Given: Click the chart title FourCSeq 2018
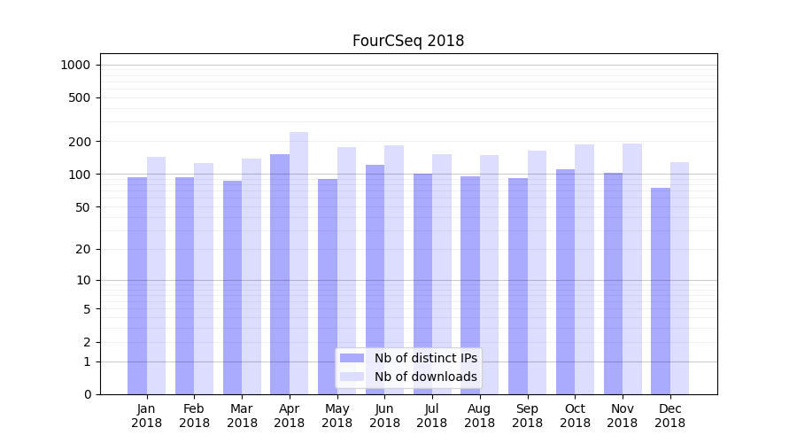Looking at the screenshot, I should pyautogui.click(x=407, y=41).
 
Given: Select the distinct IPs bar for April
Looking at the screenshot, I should pyautogui.click(x=280, y=275).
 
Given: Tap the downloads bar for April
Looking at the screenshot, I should pyautogui.click(x=298, y=263).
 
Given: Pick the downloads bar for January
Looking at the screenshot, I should pyautogui.click(x=156, y=276).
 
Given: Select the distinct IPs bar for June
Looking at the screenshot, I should pyautogui.click(x=375, y=279).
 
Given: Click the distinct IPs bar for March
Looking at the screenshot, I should pyautogui.click(x=232, y=287).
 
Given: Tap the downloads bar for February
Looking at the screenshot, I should pyautogui.click(x=204, y=278).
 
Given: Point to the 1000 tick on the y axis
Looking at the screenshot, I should pyautogui.click(x=75, y=65).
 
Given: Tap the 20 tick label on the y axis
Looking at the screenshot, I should pyautogui.click(x=82, y=249).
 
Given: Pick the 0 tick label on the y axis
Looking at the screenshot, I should pyautogui.click(x=86, y=394).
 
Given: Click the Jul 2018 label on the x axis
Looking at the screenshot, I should pyautogui.click(x=432, y=416).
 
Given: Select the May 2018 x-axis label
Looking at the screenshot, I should pyautogui.click(x=337, y=416).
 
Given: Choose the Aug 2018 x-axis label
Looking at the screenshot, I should pyautogui.click(x=480, y=416).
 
